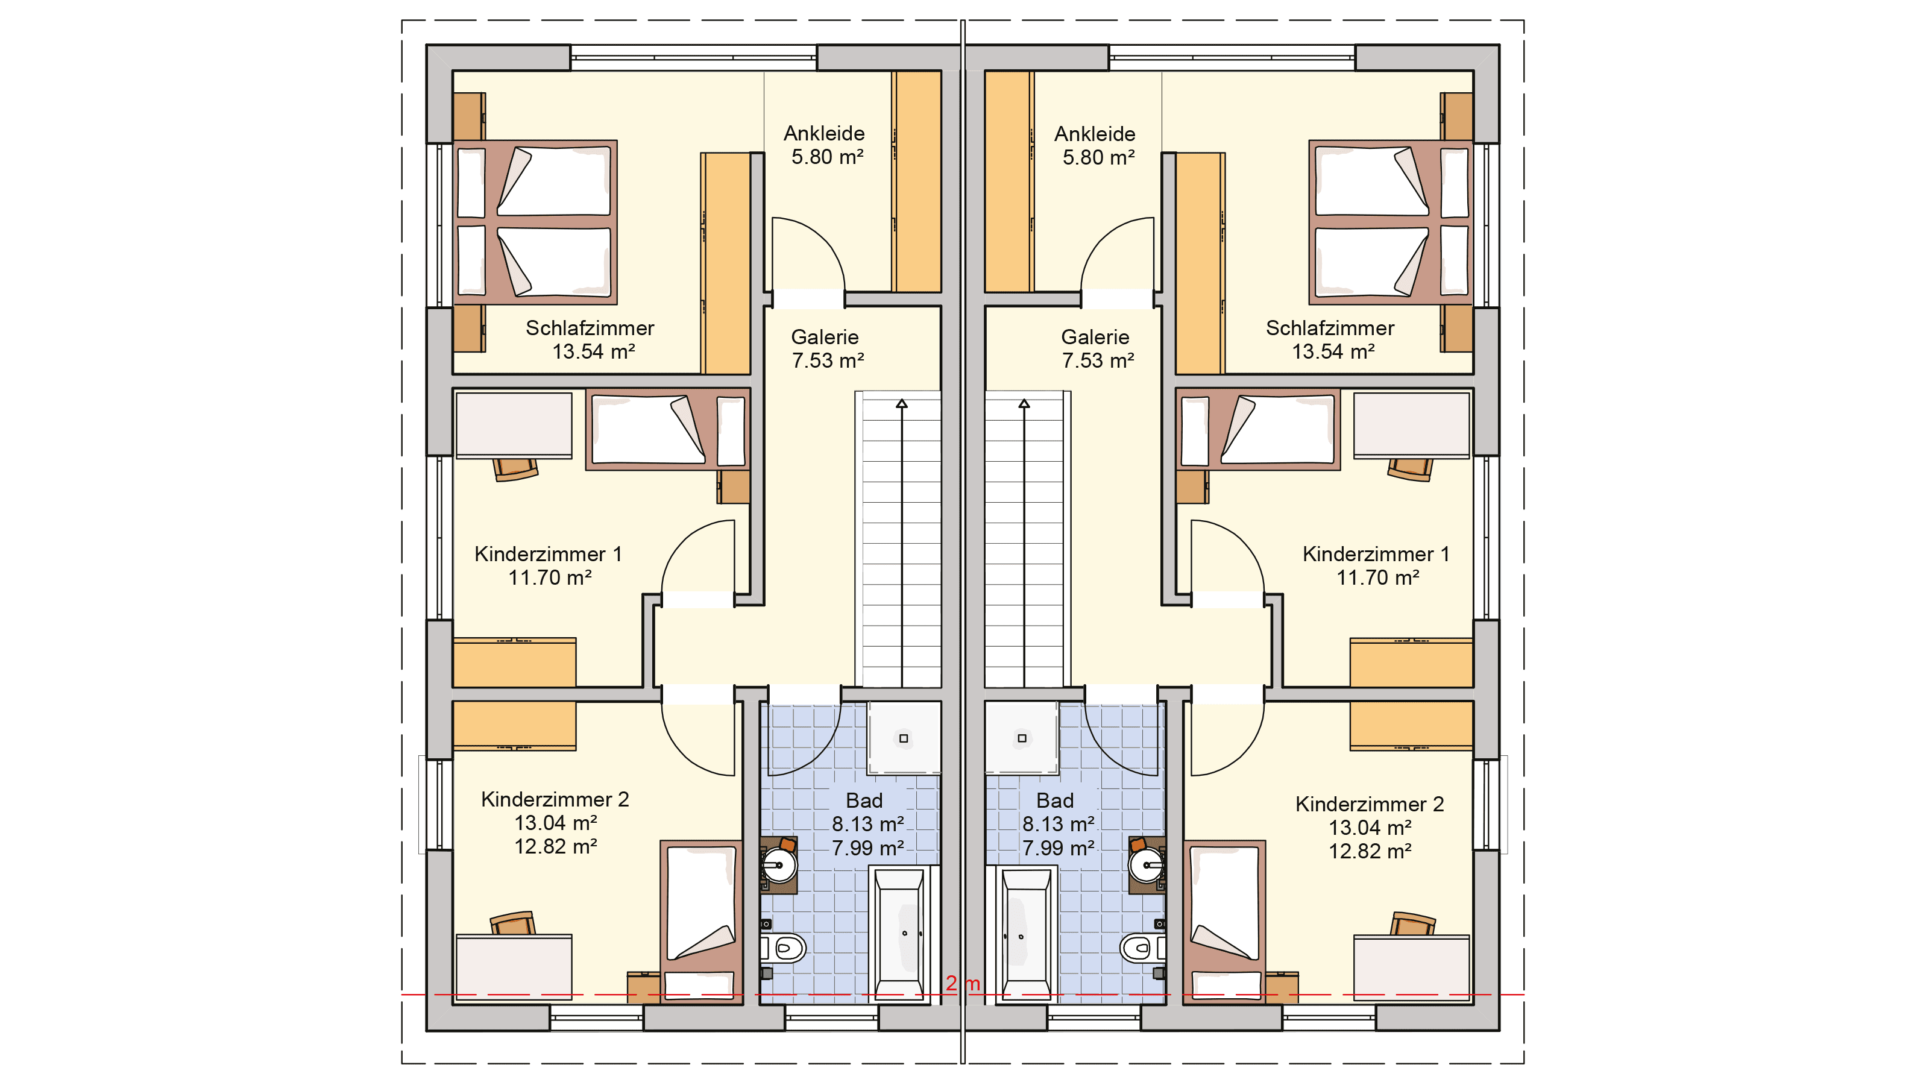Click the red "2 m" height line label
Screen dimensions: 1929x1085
point(962,983)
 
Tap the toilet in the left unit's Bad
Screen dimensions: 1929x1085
point(783,949)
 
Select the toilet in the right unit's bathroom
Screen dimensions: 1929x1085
point(1143,949)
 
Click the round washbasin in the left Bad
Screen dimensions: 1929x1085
point(779,866)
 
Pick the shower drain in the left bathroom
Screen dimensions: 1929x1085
point(903,738)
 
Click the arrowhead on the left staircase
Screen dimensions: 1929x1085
point(902,404)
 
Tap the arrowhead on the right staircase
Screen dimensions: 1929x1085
point(1024,404)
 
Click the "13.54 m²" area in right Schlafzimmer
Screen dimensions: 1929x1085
point(1333,351)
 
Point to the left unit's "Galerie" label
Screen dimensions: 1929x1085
point(825,337)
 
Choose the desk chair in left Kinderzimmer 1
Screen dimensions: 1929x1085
point(515,470)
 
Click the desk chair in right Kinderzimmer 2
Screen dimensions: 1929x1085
point(1412,923)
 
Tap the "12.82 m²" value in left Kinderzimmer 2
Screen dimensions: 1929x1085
point(556,846)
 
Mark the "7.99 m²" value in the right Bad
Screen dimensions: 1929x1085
point(1058,848)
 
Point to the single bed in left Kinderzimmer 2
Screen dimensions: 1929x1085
point(701,922)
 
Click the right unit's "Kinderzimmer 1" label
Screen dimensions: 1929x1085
point(1376,554)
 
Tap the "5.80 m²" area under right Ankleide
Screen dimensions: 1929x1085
point(1098,157)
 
